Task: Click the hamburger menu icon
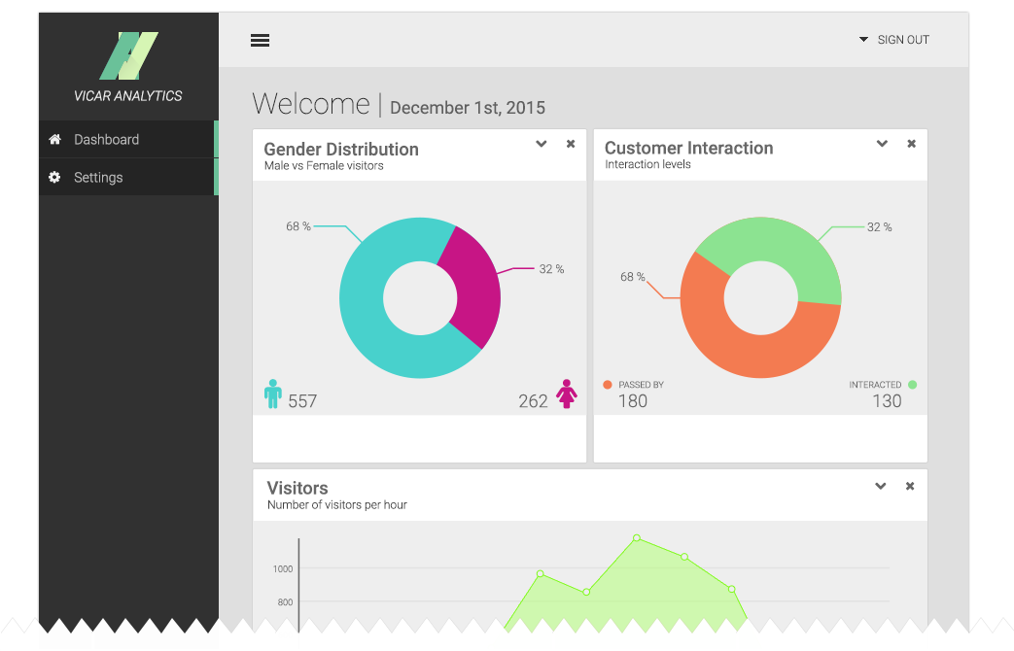click(x=260, y=40)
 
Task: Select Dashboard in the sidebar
click(x=106, y=139)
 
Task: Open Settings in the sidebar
click(x=98, y=178)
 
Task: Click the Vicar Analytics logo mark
click(x=128, y=56)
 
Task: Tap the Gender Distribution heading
click(x=341, y=149)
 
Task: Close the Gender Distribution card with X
click(x=571, y=144)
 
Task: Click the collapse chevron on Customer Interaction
click(x=882, y=144)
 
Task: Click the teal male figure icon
click(x=272, y=394)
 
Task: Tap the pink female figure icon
click(x=567, y=394)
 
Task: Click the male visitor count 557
click(x=302, y=401)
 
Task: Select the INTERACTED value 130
click(x=887, y=401)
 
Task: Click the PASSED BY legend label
click(x=641, y=385)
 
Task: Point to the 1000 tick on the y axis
click(x=283, y=568)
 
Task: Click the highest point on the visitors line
click(x=637, y=537)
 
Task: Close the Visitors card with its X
click(x=910, y=486)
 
